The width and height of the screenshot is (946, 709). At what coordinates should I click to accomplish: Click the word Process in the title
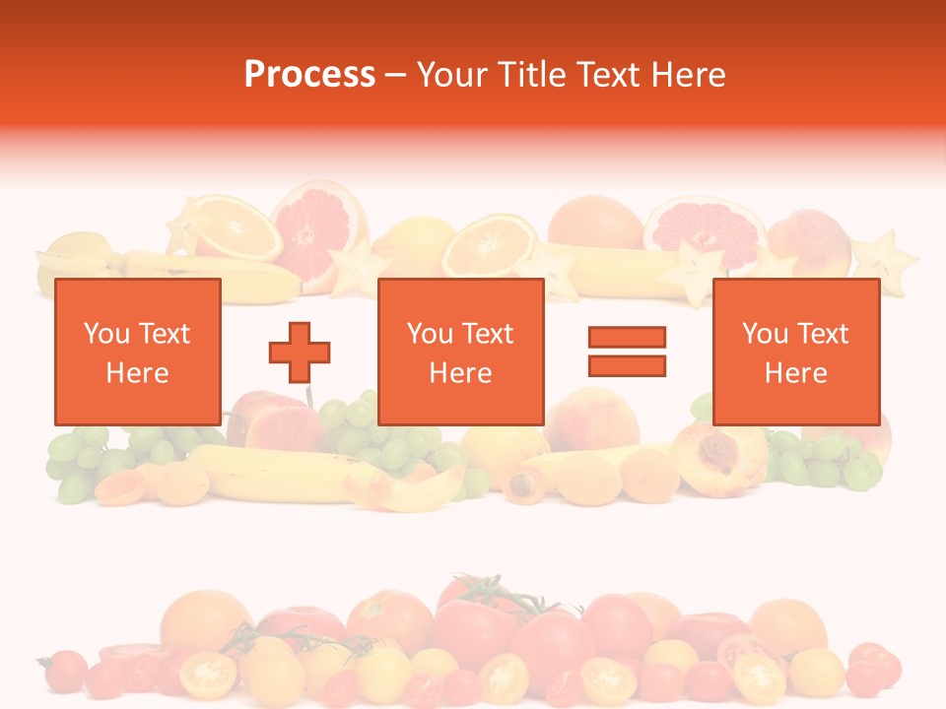point(309,75)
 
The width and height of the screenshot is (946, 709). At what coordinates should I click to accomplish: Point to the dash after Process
point(395,76)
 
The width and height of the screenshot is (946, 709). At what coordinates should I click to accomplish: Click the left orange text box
point(138,352)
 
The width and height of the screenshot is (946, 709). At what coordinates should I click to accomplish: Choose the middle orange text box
point(461,352)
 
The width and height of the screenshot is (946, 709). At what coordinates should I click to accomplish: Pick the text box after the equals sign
point(796,352)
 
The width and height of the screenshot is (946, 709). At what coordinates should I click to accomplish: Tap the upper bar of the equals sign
point(627,337)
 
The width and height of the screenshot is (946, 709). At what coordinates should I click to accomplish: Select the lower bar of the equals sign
point(627,365)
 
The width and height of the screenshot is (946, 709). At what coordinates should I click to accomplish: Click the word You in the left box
point(107,334)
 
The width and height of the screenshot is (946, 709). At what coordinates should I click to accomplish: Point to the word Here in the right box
point(796,373)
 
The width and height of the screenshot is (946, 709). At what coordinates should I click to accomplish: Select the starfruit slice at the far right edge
point(886,259)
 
